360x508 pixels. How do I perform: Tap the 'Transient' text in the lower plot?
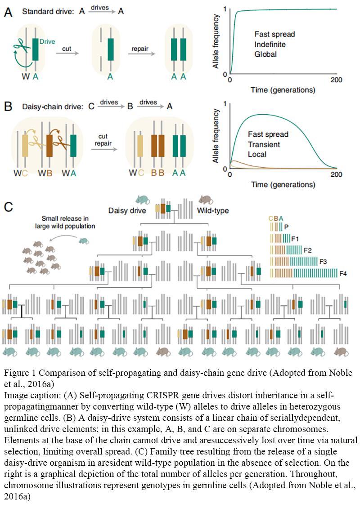click(x=264, y=144)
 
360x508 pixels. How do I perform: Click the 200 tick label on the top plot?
click(x=337, y=80)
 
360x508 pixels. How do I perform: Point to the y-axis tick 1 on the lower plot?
click(x=224, y=104)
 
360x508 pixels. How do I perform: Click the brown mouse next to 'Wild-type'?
click(x=206, y=199)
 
